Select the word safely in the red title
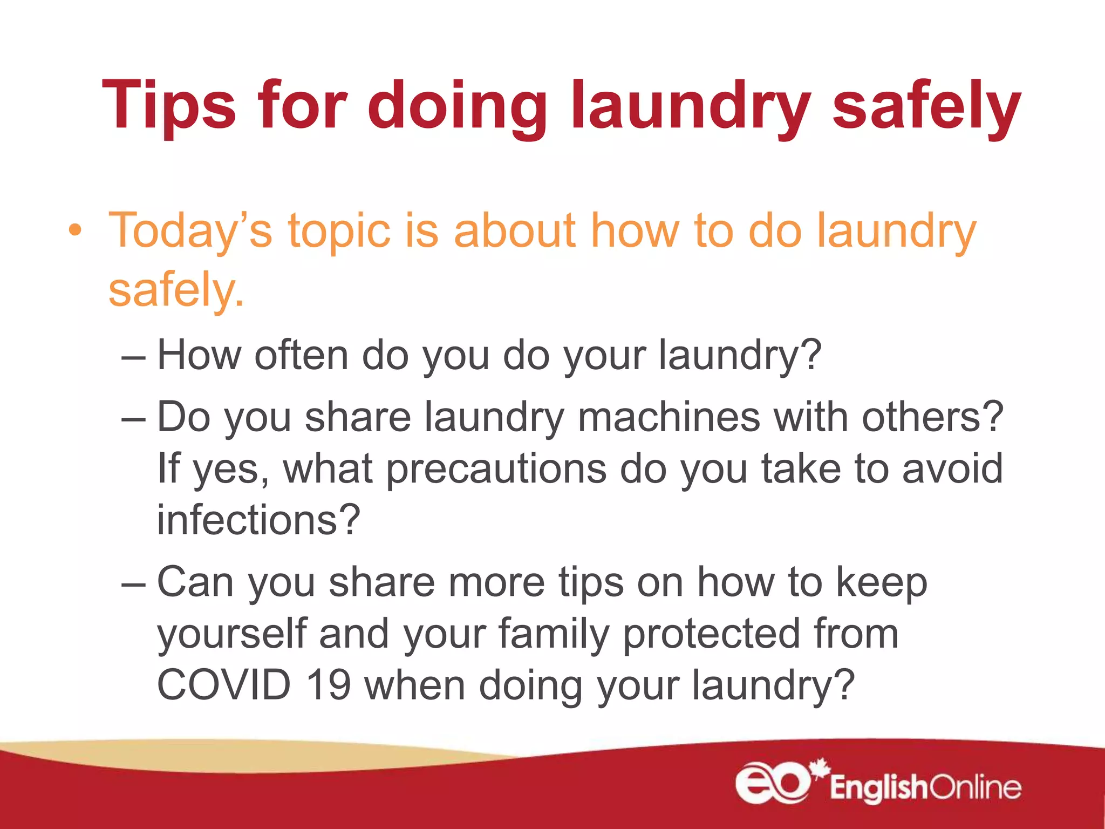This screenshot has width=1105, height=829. coord(926,106)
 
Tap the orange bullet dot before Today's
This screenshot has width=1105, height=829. coord(76,231)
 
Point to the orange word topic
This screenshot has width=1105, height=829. coord(339,231)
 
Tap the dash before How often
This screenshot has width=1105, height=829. coord(133,357)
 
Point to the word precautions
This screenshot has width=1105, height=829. coord(496,468)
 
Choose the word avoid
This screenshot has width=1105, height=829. coord(952,468)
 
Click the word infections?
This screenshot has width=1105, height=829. coord(258,519)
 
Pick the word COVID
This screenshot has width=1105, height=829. coord(223,684)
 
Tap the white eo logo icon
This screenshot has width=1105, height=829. coord(773,782)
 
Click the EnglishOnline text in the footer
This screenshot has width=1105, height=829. coord(925,787)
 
